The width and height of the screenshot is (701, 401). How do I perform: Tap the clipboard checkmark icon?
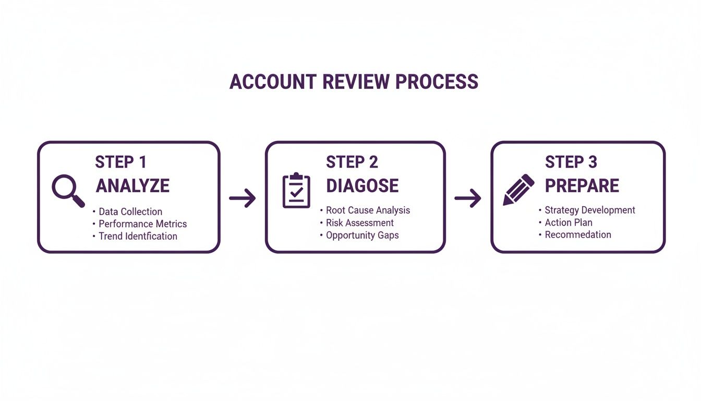tap(296, 190)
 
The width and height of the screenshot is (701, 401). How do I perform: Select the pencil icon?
tap(518, 189)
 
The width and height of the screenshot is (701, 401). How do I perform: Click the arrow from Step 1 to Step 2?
tap(243, 198)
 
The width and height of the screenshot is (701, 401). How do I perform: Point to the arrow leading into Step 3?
tap(468, 198)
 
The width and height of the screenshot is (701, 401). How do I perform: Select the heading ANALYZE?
tap(132, 185)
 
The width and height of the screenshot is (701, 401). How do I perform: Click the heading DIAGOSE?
tap(362, 185)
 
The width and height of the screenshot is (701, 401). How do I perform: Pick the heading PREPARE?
tap(582, 185)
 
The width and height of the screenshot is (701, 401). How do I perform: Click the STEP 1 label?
tap(120, 162)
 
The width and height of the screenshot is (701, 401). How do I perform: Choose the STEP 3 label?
tap(571, 162)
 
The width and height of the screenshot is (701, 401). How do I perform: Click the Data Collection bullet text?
tap(130, 211)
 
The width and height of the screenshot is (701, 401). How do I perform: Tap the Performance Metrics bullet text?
tap(142, 224)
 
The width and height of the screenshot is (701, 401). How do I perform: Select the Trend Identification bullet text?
tap(138, 236)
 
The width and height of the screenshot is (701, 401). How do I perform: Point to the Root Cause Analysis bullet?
tap(368, 210)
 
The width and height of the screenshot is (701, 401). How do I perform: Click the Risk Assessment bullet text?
tap(359, 223)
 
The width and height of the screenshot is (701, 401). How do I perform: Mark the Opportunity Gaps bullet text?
tap(362, 235)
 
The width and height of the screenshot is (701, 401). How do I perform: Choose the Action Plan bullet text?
tap(568, 222)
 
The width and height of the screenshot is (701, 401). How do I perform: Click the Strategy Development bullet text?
tap(589, 210)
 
